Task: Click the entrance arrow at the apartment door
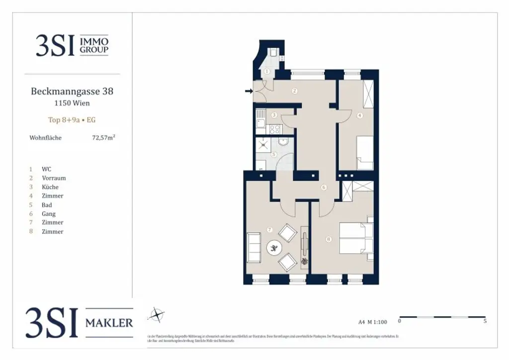249,91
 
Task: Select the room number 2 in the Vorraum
295,91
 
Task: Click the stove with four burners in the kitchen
274,129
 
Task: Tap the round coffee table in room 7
274,248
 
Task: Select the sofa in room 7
254,247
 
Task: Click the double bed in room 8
356,238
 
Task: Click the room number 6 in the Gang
324,187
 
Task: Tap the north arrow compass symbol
157,315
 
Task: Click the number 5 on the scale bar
485,321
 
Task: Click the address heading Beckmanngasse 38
72,91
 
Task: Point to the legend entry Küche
50,187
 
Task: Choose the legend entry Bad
47,205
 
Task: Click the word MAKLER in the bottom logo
109,323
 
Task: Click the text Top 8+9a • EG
72,120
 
